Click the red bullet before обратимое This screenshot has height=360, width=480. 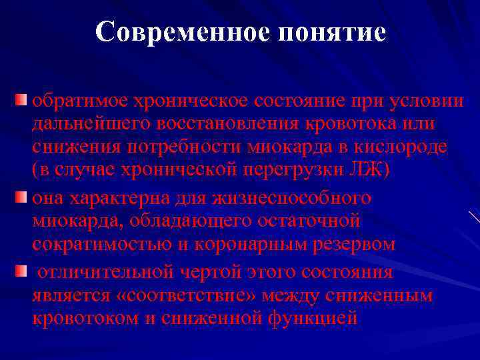pos(21,101)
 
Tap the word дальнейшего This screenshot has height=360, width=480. pos(83,125)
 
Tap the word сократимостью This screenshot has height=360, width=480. pos(97,245)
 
